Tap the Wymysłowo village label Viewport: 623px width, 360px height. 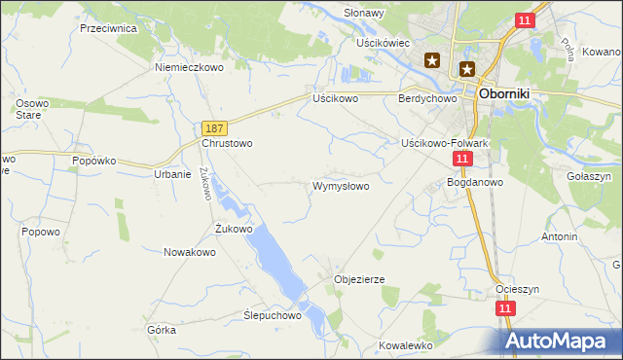pyautogui.click(x=340, y=186)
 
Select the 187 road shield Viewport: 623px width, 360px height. pyautogui.click(x=216, y=128)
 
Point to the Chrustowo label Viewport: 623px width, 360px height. pyautogui.click(x=227, y=143)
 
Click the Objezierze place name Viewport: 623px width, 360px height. pyautogui.click(x=359, y=279)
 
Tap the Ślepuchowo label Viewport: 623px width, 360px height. pyautogui.click(x=274, y=315)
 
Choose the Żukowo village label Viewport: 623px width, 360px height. pyautogui.click(x=234, y=230)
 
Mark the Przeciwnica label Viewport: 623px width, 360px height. pyautogui.click(x=108, y=28)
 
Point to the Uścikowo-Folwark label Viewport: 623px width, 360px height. pyautogui.click(x=443, y=143)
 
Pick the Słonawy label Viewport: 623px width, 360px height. pyautogui.click(x=364, y=14)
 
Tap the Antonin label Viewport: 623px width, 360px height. pyautogui.click(x=560, y=236)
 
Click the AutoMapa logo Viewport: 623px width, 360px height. pyautogui.click(x=563, y=341)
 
